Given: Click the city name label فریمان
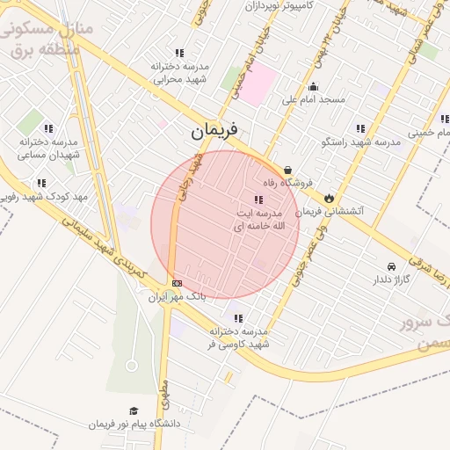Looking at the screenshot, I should [x=214, y=132].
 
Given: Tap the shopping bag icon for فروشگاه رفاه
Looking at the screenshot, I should [x=287, y=170].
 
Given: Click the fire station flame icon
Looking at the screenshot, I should [x=330, y=198].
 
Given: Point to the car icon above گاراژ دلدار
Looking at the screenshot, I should [x=391, y=266].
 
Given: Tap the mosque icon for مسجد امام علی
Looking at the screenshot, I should [x=314, y=86].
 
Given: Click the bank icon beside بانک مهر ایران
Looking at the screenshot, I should [x=178, y=283].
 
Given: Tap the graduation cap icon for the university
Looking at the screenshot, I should [x=134, y=410].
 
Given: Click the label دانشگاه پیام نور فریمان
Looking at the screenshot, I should [x=134, y=424].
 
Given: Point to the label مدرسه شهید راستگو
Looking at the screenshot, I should [x=362, y=142].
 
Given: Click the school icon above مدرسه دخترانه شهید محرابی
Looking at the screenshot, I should [x=180, y=53].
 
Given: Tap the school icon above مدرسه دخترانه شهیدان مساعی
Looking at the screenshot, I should [x=47, y=128].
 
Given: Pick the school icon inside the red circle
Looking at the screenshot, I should [x=258, y=200].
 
